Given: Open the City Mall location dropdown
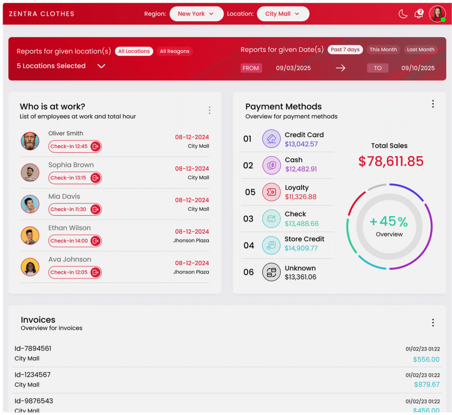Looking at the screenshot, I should pyautogui.click(x=282, y=14).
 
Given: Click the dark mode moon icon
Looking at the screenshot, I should pyautogui.click(x=403, y=14).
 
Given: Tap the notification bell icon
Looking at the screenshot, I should pyautogui.click(x=418, y=14).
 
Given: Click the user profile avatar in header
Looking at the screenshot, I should pyautogui.click(x=437, y=14).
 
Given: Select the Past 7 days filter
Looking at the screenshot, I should pyautogui.click(x=345, y=49).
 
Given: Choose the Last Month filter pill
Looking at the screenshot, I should pyautogui.click(x=420, y=49).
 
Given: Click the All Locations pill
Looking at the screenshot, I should pyautogui.click(x=134, y=51).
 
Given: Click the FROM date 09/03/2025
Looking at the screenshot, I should pyautogui.click(x=293, y=68).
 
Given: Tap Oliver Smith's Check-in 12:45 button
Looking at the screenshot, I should pyautogui.click(x=75, y=146).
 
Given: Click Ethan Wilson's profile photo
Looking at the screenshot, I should pyautogui.click(x=30, y=236).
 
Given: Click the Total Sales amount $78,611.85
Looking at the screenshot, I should pyautogui.click(x=391, y=161).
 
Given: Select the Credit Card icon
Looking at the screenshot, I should pyautogui.click(x=271, y=139).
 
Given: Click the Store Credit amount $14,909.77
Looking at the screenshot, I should pyautogui.click(x=301, y=248).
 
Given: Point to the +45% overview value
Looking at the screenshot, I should pyautogui.click(x=389, y=221).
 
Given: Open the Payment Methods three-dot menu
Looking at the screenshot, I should pyautogui.click(x=433, y=104).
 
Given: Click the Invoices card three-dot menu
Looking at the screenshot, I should pyautogui.click(x=433, y=323).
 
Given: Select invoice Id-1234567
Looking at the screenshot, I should pyautogui.click(x=33, y=374).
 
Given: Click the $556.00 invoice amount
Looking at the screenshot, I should pyautogui.click(x=426, y=359).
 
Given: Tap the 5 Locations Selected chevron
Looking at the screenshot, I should pyautogui.click(x=101, y=66).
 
